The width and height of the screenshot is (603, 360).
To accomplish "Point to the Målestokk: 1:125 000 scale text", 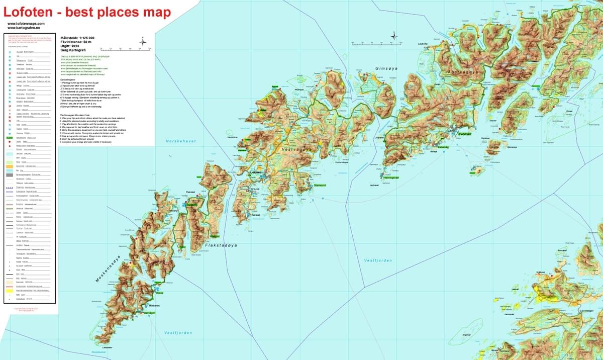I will coord(77,38).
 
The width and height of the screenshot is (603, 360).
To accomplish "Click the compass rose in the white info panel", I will coord(143,42).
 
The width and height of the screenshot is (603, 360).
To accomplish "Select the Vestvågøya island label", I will coord(297,149).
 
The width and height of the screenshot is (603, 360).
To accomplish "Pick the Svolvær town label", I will coord(467,134).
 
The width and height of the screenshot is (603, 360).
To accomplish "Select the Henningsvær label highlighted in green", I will coord(391,177).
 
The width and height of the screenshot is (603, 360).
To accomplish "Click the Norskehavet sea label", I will coord(180,141).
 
